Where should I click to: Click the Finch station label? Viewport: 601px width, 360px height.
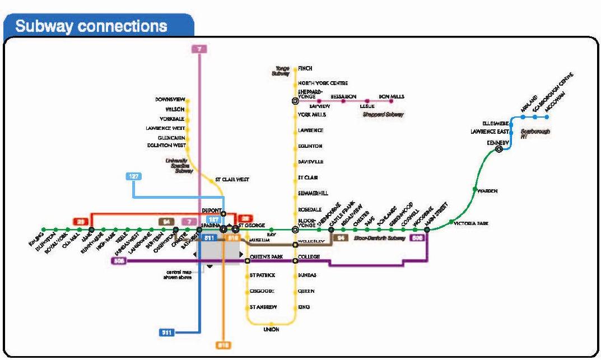[x=305, y=68]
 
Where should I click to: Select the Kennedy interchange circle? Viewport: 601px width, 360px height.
[x=498, y=149]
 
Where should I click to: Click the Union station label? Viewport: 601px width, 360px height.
[x=271, y=330]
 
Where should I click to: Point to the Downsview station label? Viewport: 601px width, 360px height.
[x=170, y=99]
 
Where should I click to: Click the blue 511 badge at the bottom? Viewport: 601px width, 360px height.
[x=167, y=333]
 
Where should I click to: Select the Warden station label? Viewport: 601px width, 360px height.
[x=487, y=191]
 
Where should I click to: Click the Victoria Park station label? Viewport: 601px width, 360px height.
[x=471, y=223]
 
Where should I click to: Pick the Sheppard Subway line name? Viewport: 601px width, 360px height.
[x=383, y=114]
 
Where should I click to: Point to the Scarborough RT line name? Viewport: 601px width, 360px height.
[x=535, y=133]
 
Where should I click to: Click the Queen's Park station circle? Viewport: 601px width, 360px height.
[x=247, y=260]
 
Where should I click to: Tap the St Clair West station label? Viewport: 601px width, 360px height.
[x=232, y=180]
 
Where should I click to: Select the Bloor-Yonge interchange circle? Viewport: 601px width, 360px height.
[x=295, y=229]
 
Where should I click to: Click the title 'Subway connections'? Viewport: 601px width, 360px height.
[x=91, y=26]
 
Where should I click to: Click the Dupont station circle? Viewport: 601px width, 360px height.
[x=223, y=213]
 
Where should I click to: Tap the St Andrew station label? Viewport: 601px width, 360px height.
[x=263, y=307]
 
